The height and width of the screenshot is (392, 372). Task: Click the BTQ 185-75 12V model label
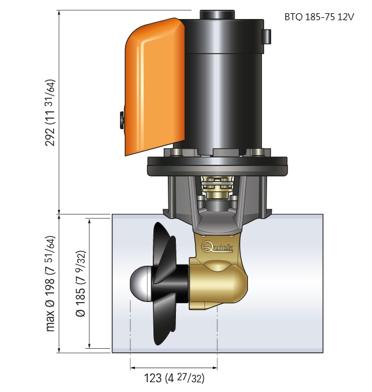(319, 17)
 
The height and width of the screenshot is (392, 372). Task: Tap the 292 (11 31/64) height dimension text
(50, 112)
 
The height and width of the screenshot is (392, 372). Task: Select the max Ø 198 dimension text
(50, 283)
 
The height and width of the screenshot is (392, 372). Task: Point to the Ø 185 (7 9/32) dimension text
(81, 283)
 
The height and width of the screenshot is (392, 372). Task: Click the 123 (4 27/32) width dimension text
(174, 378)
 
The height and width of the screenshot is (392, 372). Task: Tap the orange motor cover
(155, 86)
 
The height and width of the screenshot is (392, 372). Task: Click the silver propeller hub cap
(140, 284)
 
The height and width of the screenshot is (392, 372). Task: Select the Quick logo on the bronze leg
(217, 247)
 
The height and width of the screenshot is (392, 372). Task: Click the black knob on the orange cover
(122, 120)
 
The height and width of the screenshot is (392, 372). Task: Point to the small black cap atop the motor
(217, 14)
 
